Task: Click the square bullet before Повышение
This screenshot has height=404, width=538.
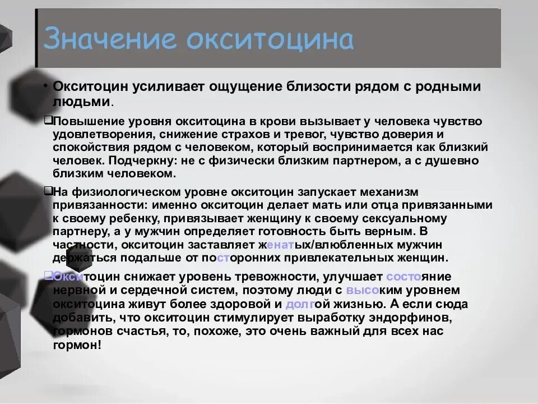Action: click(48, 121)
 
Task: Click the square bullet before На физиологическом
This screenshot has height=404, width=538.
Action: click(48, 191)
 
